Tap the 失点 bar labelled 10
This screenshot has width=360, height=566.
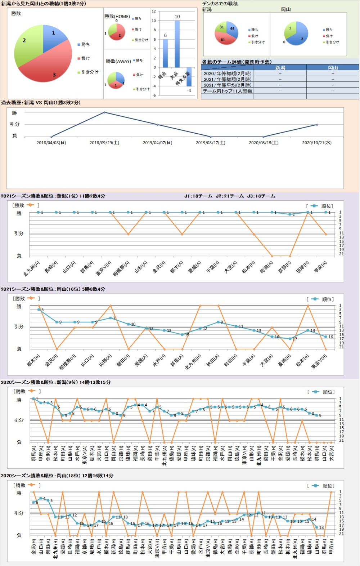tap(177, 44)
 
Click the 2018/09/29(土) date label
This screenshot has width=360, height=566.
tap(104, 143)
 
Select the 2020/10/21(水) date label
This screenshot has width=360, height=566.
tap(317, 143)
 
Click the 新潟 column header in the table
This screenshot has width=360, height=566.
tap(280, 67)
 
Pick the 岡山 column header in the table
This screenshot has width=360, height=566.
tap(333, 67)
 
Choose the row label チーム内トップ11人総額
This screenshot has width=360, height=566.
tap(228, 91)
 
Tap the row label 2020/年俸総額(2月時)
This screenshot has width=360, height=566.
tap(228, 73)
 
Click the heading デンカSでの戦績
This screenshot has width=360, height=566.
tap(220, 4)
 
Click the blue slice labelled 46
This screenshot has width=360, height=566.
tap(232, 30)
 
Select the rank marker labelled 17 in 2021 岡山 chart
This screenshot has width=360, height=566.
tap(290, 339)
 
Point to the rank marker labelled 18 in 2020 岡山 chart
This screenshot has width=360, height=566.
tap(317, 527)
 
